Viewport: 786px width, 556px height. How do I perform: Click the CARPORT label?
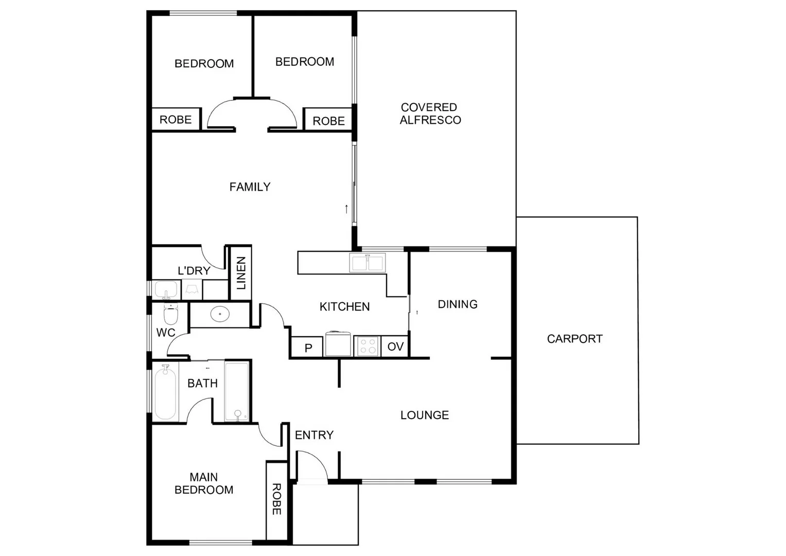574,339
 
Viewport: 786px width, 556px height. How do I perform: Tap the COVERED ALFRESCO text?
430,114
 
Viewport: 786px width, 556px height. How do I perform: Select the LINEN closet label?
241,273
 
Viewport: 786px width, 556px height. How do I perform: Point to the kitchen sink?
367,263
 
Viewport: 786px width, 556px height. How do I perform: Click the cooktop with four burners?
368,345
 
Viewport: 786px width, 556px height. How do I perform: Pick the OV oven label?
395,346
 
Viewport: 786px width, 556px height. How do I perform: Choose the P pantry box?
308,347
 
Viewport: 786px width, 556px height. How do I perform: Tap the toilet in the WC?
170,314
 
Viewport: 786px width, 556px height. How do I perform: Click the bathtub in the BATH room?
165,392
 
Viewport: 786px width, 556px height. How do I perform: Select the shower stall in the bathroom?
237,392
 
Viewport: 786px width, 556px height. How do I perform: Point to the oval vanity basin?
220,314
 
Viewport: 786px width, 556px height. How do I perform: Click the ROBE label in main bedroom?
276,499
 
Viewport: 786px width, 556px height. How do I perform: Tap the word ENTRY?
314,435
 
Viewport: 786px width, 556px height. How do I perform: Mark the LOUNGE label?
425,415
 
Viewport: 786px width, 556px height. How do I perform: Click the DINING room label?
458,304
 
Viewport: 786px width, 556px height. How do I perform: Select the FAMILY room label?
250,187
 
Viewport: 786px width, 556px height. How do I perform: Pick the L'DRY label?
194,271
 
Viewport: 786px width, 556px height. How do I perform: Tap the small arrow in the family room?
346,209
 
